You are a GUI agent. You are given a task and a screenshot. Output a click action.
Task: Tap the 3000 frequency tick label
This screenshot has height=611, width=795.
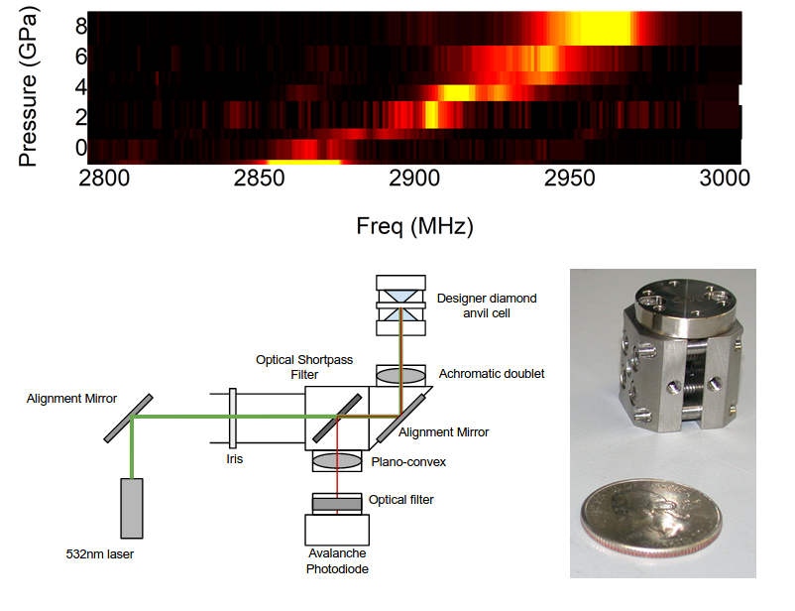click(721, 179)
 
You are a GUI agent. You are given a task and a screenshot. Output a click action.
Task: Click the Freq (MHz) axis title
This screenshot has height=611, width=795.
click(414, 227)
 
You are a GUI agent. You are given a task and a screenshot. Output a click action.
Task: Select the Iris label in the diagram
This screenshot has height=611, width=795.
click(231, 459)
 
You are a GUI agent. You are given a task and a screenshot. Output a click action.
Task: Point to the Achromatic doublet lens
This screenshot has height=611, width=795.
click(400, 376)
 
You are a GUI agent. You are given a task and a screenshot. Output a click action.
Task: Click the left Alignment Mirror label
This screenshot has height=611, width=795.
click(72, 399)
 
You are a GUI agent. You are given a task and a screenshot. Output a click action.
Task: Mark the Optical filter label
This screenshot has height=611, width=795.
click(401, 500)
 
